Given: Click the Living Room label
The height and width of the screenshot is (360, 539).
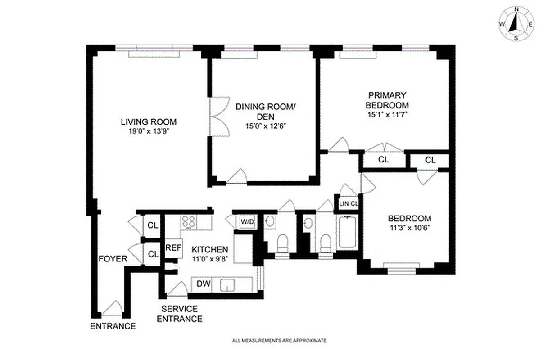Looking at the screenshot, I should point(148,121).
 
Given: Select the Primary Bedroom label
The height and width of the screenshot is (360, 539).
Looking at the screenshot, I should point(387,100).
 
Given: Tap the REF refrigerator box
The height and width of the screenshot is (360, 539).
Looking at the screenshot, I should point(173,248).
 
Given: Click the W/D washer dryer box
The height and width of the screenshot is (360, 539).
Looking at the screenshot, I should point(247,221).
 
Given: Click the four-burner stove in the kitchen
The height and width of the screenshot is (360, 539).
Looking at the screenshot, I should point(189,221).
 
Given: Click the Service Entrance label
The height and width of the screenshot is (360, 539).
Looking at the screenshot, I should point(181,314).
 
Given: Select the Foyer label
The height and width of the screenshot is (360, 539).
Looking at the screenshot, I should point(113,259).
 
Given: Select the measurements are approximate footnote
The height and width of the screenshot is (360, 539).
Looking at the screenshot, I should point(279,341).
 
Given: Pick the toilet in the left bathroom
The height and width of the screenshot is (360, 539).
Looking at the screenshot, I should point(283,244).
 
